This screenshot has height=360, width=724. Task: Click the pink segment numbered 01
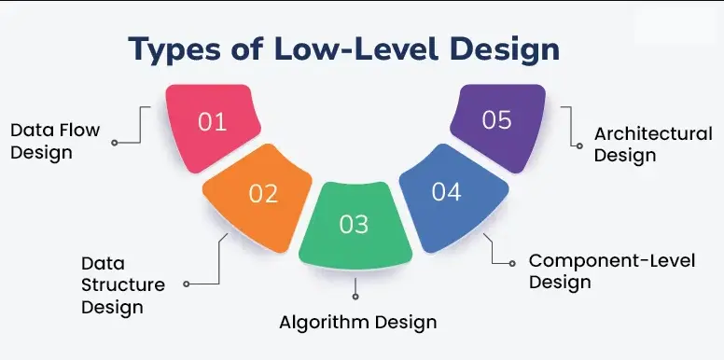[x=214, y=125]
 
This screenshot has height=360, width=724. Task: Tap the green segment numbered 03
[x=355, y=224]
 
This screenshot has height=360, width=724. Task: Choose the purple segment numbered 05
[x=496, y=122]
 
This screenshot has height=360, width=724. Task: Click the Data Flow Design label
[x=54, y=141]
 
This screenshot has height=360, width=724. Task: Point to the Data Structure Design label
[x=122, y=285]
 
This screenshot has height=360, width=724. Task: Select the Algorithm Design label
[x=358, y=323]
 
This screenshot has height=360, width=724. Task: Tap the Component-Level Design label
[x=611, y=270]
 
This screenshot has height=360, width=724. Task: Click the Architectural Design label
[x=652, y=145]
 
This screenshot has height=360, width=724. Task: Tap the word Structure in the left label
[x=122, y=285]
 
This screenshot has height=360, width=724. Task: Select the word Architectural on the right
[x=652, y=134]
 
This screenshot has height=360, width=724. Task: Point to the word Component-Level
[x=611, y=260]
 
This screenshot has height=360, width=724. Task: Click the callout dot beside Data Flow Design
[x=114, y=143]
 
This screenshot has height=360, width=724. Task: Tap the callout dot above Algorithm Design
[x=355, y=298]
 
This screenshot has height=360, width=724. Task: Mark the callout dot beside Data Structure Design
[x=187, y=284]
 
